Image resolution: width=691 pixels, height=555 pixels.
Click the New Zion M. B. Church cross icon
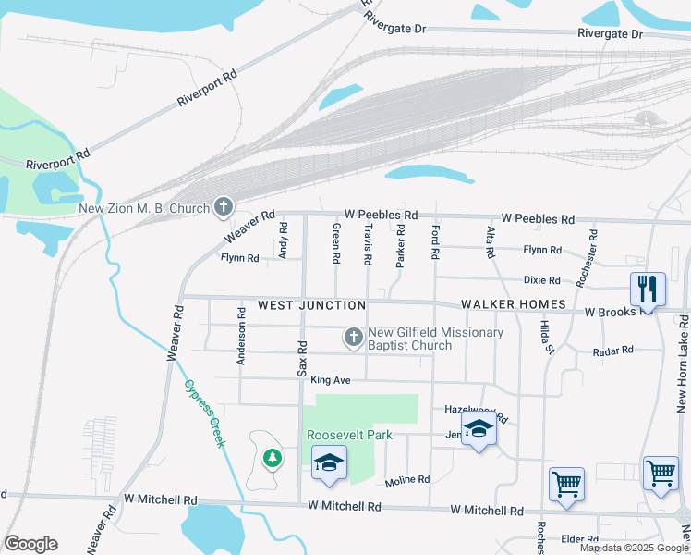pos(224,208)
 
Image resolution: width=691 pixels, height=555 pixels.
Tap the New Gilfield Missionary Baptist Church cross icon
pos(352,339)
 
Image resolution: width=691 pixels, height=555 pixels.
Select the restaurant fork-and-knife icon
pos(647,289)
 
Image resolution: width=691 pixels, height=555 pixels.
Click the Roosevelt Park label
pos(350,435)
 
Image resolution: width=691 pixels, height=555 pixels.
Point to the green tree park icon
pos(272,457)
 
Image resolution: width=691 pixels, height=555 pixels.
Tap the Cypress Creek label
pos(204,413)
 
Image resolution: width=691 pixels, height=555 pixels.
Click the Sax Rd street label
pos(302,356)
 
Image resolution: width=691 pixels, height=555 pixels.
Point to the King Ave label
pos(331,380)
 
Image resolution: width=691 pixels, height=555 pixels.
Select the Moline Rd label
pos(407,480)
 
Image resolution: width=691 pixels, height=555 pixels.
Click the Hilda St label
pos(547,339)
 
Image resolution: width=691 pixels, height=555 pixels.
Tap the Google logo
pos(30,544)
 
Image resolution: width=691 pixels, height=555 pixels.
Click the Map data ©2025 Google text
pos(633,549)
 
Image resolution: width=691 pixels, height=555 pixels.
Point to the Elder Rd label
pos(580,538)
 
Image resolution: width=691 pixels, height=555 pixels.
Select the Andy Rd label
pos(284,245)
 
